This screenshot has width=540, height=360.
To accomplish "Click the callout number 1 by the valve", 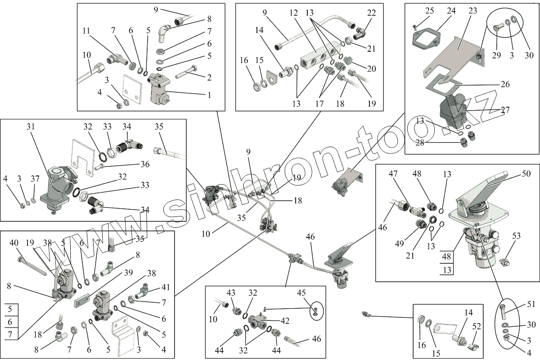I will [x=208, y=95].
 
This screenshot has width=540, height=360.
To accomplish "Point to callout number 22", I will [x=371, y=13].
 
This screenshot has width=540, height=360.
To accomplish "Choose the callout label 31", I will [x=30, y=127].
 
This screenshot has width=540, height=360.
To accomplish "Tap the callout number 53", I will [x=517, y=236].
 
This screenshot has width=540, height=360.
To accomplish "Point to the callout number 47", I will [x=393, y=173].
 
